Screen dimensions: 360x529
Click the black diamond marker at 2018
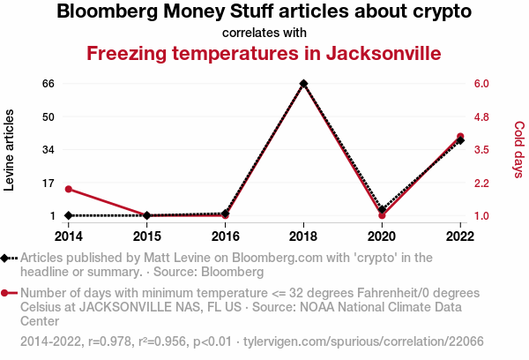303,84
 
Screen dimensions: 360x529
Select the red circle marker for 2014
68,189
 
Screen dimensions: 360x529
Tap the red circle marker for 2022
460,137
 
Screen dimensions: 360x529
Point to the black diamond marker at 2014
68,215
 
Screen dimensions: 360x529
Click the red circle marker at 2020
382,215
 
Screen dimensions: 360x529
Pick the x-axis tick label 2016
225,236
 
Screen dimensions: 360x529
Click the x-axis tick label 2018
303,236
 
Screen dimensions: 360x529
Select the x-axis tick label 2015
146,236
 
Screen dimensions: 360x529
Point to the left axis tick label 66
48,84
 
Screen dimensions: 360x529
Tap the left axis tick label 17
48,183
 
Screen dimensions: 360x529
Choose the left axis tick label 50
48,116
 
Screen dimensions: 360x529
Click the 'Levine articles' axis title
11,150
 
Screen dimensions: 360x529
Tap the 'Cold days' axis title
518,150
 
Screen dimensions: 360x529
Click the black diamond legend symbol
7,258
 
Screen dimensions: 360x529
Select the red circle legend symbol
7,293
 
